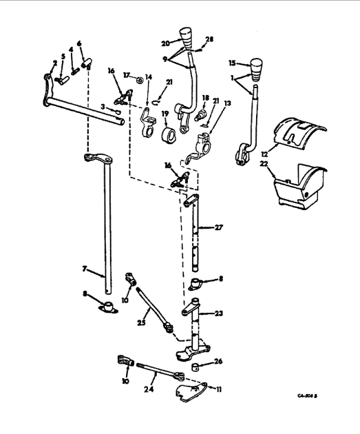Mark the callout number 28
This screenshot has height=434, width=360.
point(211,40)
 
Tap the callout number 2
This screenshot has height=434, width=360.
point(55,62)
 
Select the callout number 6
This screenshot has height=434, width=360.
point(80,43)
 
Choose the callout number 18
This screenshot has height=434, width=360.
point(206,99)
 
